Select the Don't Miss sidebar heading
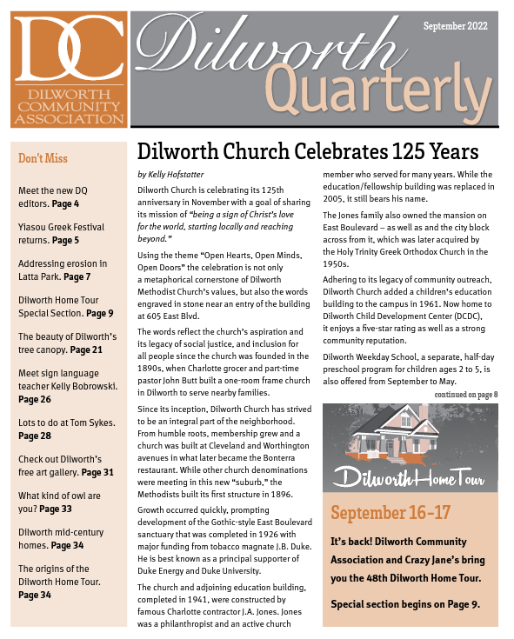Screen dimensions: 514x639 click(43, 158)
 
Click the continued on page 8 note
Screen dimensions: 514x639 click(466, 395)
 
